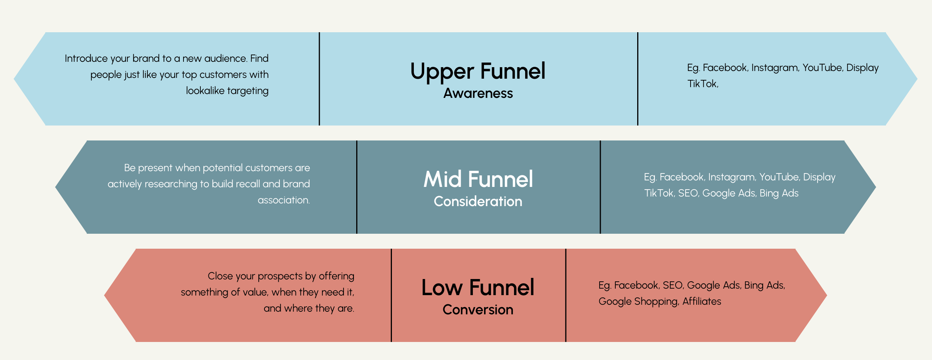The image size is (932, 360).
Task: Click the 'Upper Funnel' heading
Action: pyautogui.click(x=478, y=71)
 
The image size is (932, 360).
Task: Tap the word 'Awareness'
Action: pyautogui.click(x=478, y=93)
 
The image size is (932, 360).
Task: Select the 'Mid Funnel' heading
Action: pyautogui.click(x=478, y=179)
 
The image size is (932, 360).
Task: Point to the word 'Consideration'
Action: pyautogui.click(x=478, y=201)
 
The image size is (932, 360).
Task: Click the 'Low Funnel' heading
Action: pyautogui.click(x=478, y=287)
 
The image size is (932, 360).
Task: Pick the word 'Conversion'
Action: pyautogui.click(x=478, y=310)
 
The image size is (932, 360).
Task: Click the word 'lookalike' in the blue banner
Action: pyautogui.click(x=205, y=91)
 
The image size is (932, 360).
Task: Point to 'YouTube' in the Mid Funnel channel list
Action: pyautogui.click(x=780, y=177)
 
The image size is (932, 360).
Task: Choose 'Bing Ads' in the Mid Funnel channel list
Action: pyautogui.click(x=779, y=193)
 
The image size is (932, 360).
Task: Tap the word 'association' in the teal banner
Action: pyautogui.click(x=284, y=200)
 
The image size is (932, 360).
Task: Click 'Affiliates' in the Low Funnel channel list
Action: pyautogui.click(x=702, y=301)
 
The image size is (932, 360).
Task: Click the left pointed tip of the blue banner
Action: pyautogui.click(x=14, y=79)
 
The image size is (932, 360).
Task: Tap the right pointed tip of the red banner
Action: pyautogui.click(x=827, y=296)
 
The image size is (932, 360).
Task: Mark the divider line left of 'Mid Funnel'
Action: pyautogui.click(x=357, y=187)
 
